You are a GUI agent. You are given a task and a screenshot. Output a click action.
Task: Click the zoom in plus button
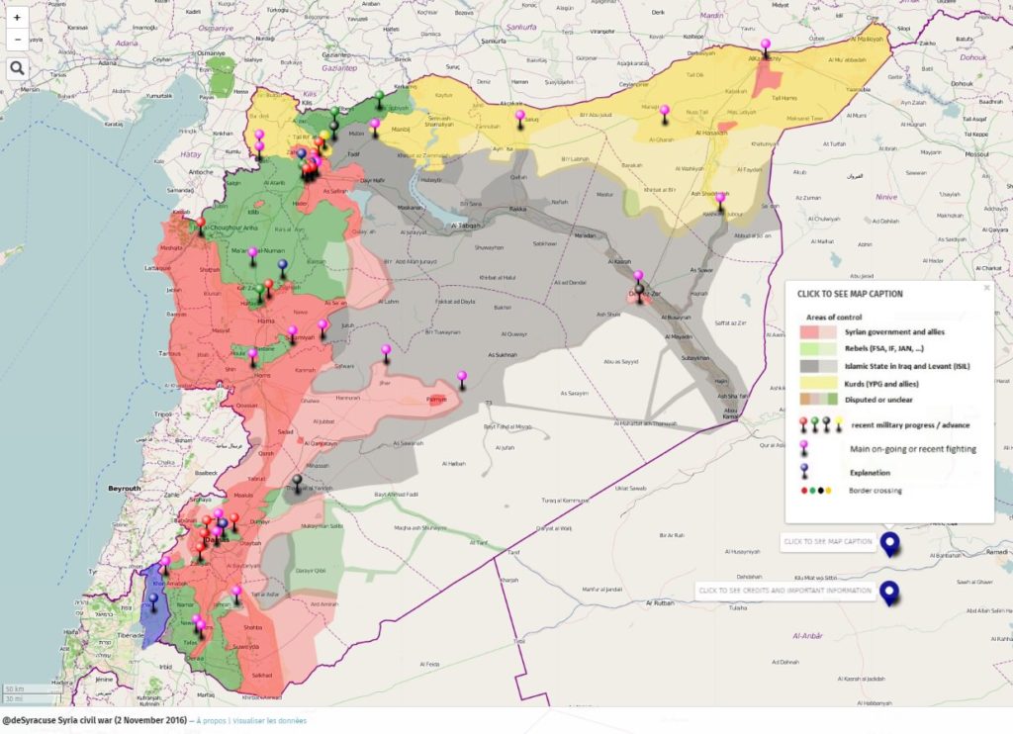click(17, 17)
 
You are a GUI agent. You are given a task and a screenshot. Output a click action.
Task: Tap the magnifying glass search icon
click(17, 67)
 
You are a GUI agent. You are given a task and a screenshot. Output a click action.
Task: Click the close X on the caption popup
click(986, 288)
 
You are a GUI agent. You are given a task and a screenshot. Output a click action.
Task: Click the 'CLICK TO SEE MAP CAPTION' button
click(828, 541)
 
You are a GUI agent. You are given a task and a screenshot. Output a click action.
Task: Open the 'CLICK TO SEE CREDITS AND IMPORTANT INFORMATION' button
click(784, 591)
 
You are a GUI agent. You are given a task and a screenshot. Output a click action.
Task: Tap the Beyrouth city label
click(125, 489)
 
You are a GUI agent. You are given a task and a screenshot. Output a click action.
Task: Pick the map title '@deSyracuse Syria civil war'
click(94, 720)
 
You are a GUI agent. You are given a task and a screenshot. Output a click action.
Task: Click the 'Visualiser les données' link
click(270, 721)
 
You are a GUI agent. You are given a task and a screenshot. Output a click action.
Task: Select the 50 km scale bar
click(14, 688)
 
